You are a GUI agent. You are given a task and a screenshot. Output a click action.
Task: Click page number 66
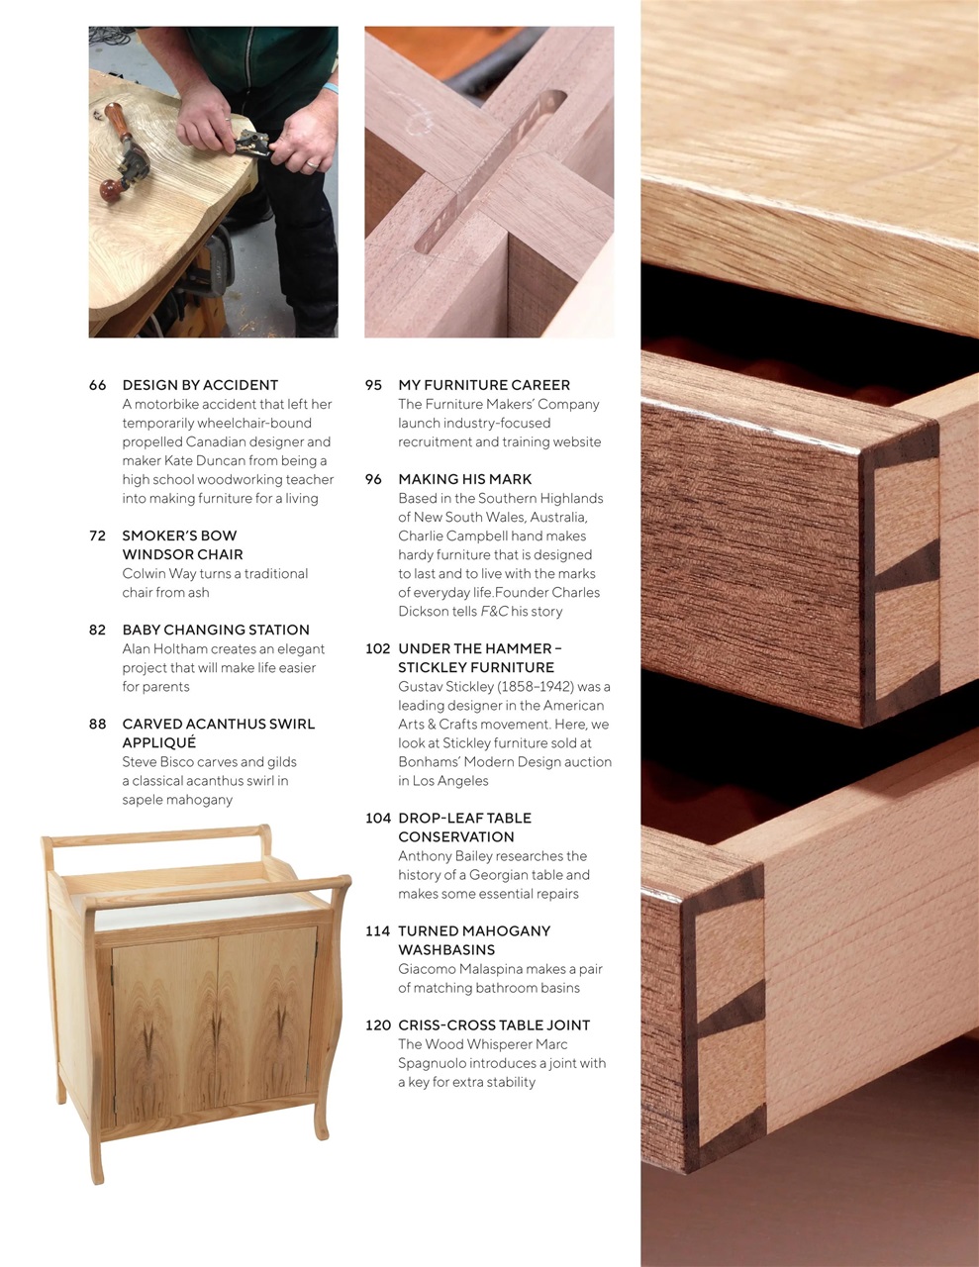(x=97, y=385)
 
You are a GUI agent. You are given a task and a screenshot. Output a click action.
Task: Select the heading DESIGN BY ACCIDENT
(x=200, y=385)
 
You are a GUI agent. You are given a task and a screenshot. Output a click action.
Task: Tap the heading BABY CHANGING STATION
(x=216, y=630)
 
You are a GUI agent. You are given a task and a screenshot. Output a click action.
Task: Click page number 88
(x=97, y=724)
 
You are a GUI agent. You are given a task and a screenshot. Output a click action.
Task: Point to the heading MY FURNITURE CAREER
(x=484, y=385)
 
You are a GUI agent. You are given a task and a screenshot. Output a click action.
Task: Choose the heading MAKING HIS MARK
(x=465, y=479)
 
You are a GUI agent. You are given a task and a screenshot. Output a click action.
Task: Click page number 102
(x=377, y=648)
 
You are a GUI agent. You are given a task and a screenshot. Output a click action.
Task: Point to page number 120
(x=377, y=1025)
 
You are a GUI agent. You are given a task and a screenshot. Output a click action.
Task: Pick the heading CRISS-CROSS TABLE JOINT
(x=494, y=1025)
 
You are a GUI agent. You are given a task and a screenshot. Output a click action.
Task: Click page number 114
(x=377, y=931)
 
